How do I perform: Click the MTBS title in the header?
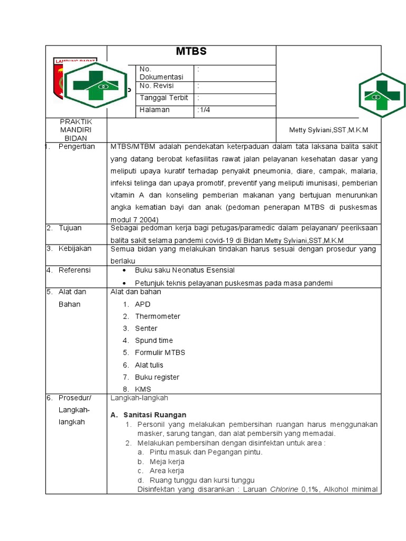point(191,52)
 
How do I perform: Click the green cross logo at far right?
point(382,95)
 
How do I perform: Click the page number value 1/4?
point(204,110)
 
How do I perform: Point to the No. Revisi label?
point(156,86)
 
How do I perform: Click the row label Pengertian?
point(77,146)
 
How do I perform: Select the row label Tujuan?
point(70,228)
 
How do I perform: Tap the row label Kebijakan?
point(75,248)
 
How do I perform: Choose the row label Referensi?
point(75,270)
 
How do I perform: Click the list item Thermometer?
point(158,316)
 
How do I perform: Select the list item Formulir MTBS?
point(160,352)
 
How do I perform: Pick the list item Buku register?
point(157,377)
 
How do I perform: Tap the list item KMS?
point(143,389)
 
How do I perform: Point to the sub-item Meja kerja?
point(167,462)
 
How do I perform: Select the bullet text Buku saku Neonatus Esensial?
point(184,270)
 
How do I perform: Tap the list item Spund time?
point(154,341)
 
